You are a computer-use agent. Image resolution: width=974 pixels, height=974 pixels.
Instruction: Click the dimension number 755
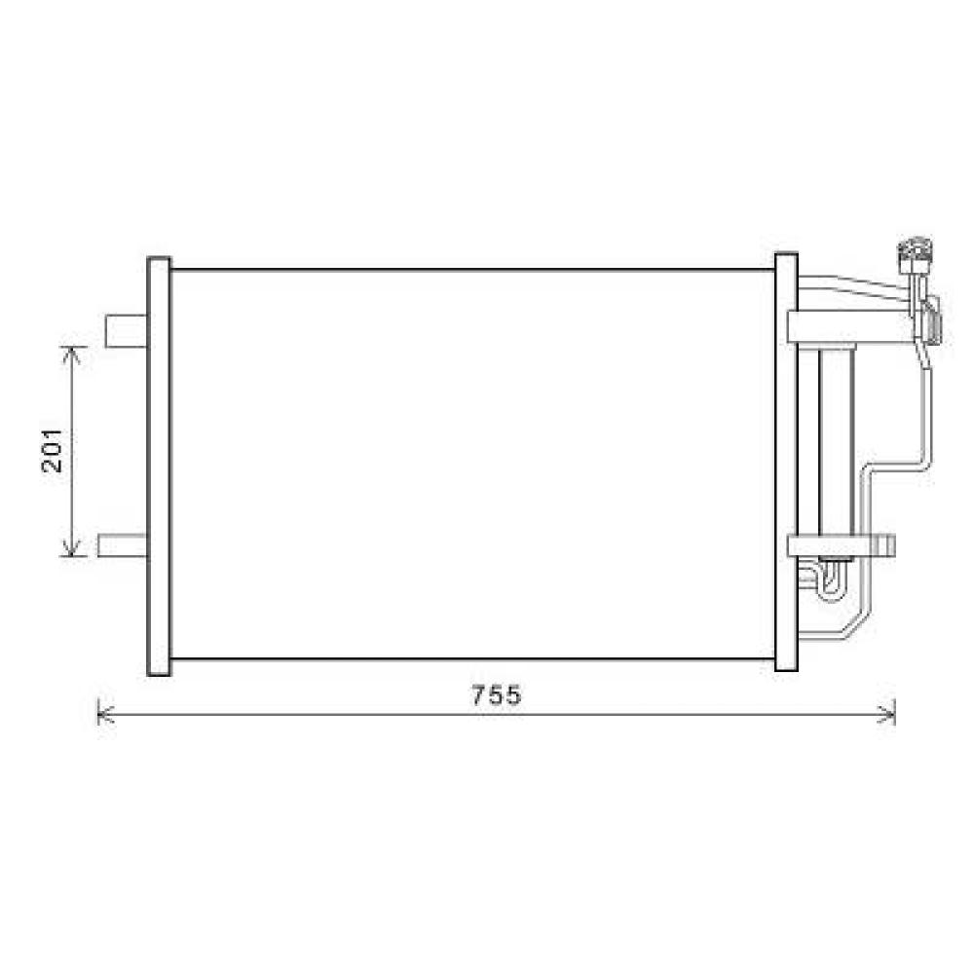(x=497, y=695)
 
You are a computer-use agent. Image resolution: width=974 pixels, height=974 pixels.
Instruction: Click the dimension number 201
(x=54, y=450)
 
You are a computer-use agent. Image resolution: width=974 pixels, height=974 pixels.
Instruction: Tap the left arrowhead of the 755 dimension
(x=103, y=715)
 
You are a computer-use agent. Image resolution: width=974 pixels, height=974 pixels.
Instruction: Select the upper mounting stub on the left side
(x=125, y=331)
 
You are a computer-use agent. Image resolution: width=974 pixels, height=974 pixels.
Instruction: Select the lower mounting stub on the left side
(x=123, y=545)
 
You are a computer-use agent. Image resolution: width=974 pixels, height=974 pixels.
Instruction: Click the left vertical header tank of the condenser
(x=158, y=466)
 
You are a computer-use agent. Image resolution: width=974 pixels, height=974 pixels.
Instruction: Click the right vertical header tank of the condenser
(x=786, y=463)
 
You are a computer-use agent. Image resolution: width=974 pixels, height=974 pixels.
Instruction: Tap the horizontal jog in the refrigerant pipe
(x=896, y=467)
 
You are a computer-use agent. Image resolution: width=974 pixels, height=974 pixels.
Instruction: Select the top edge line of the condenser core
(x=472, y=270)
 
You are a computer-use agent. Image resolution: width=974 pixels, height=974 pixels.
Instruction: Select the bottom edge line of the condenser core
(x=472, y=659)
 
